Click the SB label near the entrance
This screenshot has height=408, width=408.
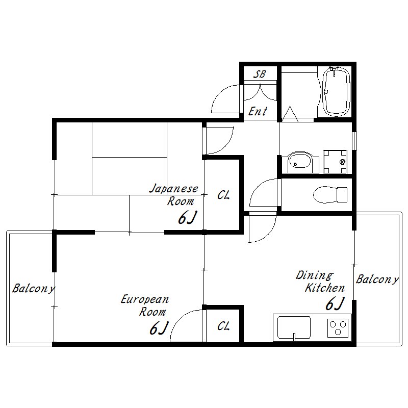(260, 74)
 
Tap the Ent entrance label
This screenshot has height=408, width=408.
(258, 111)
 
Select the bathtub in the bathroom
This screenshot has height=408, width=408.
(336, 91)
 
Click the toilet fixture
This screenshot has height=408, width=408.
(330, 195)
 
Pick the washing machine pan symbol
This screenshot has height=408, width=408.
(335, 162)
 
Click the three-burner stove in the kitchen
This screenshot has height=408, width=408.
(338, 328)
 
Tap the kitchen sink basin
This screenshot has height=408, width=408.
(294, 327)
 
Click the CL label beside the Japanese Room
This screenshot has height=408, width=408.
(223, 195)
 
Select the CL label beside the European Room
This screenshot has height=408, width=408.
(223, 326)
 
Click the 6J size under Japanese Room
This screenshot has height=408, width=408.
(187, 218)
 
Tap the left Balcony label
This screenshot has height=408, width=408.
(33, 288)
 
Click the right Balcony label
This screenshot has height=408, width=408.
(377, 279)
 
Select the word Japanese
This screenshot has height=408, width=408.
(173, 189)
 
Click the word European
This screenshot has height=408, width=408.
(145, 299)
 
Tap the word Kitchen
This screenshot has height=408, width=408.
(325, 288)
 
